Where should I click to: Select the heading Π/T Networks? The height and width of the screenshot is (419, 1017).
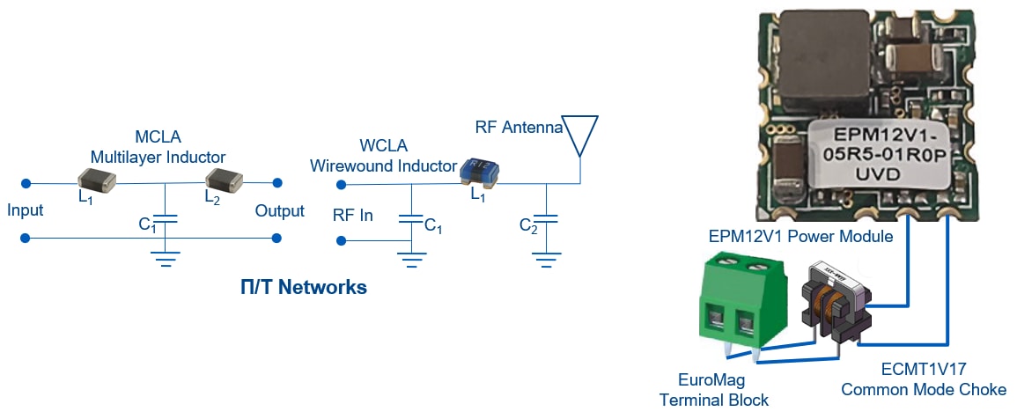tap(304, 288)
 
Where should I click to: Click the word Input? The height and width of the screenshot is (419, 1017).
tap(25, 211)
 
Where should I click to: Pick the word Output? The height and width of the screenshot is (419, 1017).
tap(279, 211)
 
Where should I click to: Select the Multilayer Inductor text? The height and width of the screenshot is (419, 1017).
tap(158, 157)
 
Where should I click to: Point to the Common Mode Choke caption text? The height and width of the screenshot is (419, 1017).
tap(924, 390)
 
